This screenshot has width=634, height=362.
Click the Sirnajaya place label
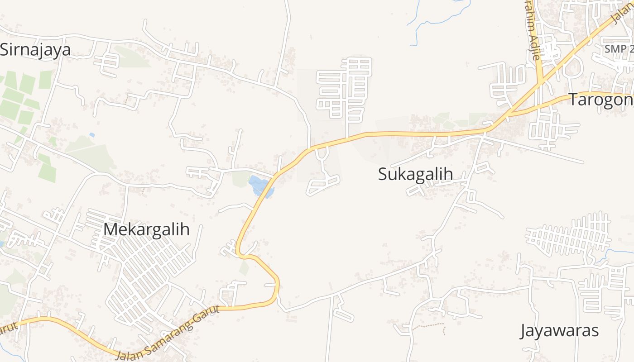click(x=35, y=50)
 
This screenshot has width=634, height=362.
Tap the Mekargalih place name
click(x=146, y=229)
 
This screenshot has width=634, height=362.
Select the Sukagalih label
click(x=415, y=174)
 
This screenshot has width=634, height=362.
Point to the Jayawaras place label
click(x=559, y=331)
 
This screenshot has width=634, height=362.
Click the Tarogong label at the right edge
click(x=600, y=100)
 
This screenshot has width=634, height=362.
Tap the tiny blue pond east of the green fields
click(x=92, y=135)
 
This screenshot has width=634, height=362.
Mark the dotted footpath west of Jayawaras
click(x=428, y=325)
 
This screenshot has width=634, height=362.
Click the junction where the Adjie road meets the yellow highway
click(x=540, y=82)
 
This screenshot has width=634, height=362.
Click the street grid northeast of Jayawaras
click(x=571, y=235)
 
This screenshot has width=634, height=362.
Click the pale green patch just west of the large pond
click(x=240, y=178)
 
